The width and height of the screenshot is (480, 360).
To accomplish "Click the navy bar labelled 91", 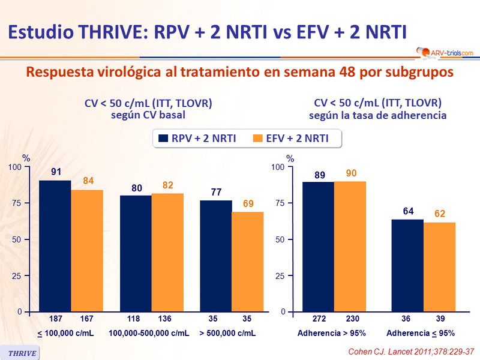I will click(x=55, y=246).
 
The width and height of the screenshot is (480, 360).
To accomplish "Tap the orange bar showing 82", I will click(x=167, y=253).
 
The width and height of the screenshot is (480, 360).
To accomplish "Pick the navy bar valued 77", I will click(x=215, y=256).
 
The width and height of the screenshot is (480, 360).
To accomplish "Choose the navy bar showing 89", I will click(x=318, y=247).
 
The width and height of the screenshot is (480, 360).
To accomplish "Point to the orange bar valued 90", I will click(x=350, y=247).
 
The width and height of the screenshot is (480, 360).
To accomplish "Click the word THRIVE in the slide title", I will click(x=112, y=31).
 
